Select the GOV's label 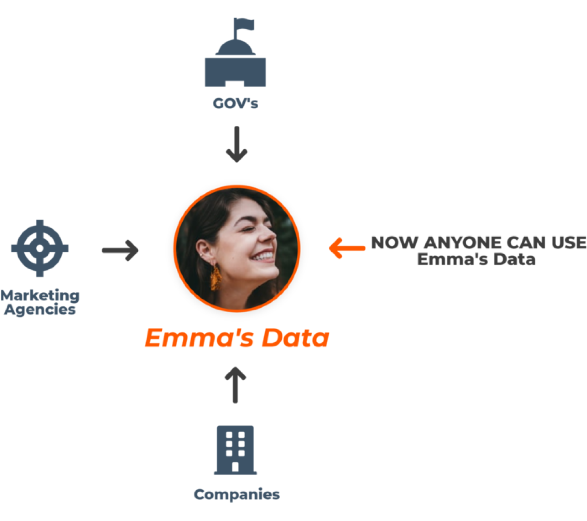235,104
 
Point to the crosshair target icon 40,248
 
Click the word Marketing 40,295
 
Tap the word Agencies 40,310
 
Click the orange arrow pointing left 346,248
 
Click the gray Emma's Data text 476,259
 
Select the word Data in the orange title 295,338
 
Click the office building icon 235,450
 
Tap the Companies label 237,495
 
